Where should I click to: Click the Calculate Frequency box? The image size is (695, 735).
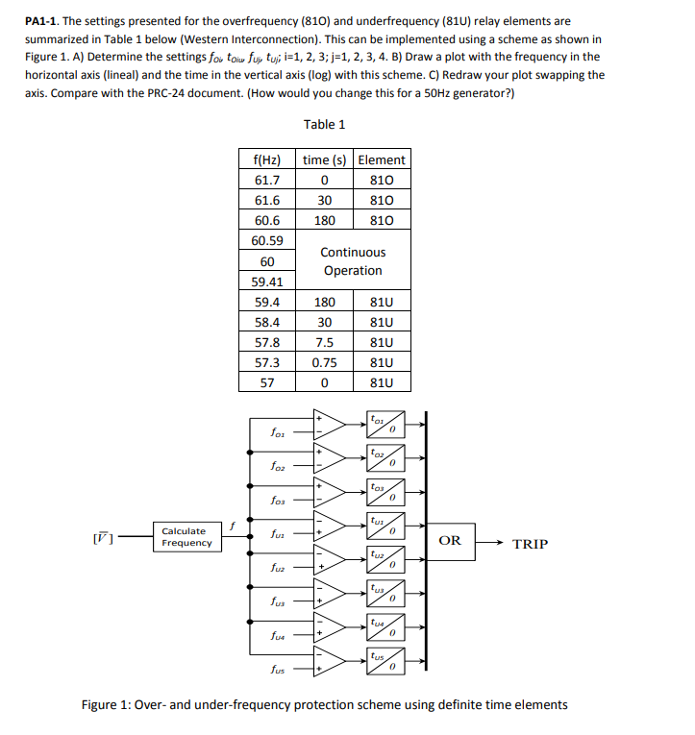coord(183,537)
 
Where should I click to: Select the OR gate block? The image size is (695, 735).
coord(450,540)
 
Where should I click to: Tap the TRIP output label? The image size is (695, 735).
coord(530,544)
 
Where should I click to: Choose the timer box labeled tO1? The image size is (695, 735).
coord(384,423)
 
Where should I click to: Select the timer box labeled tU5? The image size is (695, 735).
coord(384,662)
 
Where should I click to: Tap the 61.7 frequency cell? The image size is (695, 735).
coord(267,180)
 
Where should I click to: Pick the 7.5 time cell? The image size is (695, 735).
coord(325,342)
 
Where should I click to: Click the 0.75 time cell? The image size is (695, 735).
coord(325,362)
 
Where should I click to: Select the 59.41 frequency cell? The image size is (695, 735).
coord(267,282)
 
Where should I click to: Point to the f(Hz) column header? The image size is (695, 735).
coord(267,159)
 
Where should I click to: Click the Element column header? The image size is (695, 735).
coord(382,159)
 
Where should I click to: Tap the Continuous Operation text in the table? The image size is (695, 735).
coord(353,261)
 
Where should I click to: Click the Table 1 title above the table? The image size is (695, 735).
coord(324,124)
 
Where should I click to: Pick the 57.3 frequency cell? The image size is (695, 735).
coord(267,362)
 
